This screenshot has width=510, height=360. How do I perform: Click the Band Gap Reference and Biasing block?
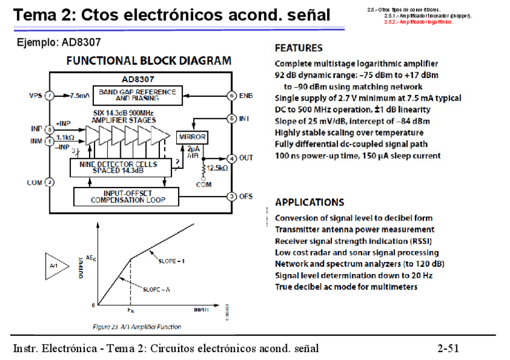138,95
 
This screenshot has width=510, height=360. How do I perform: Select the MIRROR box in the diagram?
192,137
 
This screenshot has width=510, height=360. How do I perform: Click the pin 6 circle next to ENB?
231,96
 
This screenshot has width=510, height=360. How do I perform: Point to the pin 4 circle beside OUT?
231,158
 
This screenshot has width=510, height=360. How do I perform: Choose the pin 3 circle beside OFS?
231,196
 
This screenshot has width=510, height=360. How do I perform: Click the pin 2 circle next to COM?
51,182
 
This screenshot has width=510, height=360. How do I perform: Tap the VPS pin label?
35,96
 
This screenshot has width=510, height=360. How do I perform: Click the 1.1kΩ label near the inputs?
65,138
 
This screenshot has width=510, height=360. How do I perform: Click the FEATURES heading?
298,48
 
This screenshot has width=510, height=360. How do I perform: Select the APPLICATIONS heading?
309,203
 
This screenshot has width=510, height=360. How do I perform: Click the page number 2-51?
448,348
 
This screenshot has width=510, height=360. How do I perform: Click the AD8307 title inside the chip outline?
138,79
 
